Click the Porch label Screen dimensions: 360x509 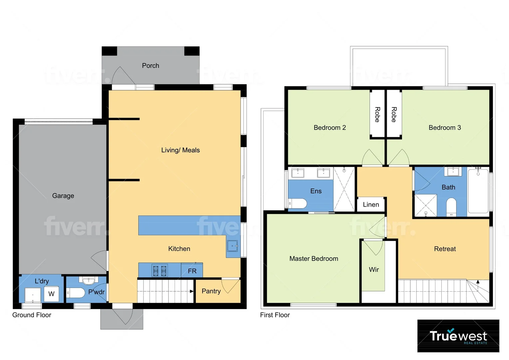pos(151,66)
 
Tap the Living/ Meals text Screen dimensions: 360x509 pos(180,150)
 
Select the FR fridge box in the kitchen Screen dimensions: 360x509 pos(192,271)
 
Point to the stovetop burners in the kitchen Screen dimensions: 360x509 pos(160,271)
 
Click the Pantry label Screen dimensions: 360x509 pos(211,291)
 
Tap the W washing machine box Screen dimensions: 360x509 pos(51,294)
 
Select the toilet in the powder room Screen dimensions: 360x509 pos(76,293)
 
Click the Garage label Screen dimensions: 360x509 pos(63,196)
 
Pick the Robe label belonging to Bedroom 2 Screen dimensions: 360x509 pos(377,114)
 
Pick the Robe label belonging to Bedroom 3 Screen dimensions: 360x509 pos(394,114)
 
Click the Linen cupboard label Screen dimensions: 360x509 pos(371,205)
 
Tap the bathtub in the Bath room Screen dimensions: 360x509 pos(478,191)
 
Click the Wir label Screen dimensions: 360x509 pos(374,269)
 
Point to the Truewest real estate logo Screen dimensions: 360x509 pos(458,336)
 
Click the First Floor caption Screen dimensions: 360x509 pos(275,315)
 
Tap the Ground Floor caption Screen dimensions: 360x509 pos(32,315)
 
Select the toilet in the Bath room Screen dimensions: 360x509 pos(451,207)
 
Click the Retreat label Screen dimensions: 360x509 pos(445,249)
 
